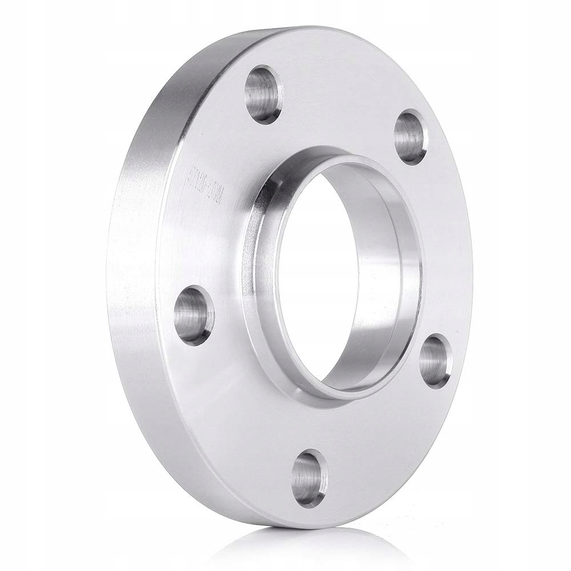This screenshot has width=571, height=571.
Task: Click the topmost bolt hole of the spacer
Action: click(263, 95)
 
